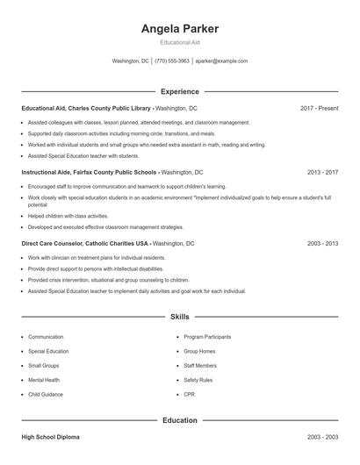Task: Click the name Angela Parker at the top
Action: coord(179,29)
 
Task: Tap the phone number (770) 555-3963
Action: coord(171,61)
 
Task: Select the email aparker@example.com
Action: coord(221,61)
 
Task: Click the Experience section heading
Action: coord(179,91)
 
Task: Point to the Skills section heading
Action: coord(179,316)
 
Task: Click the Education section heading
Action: coord(179,420)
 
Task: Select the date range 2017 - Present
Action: coord(319,108)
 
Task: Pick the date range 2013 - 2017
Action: coord(322,173)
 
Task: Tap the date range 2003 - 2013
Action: coord(322,242)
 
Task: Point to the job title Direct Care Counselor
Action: coord(52,242)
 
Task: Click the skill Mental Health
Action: coord(44,380)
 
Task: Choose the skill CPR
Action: coord(189,394)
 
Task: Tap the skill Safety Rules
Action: coord(198,380)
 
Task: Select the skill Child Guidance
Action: coord(46,394)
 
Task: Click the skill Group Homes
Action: coord(199,351)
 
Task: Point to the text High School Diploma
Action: coord(50,437)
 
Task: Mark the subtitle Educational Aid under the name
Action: coord(179,43)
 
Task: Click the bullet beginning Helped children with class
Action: coord(68,216)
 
